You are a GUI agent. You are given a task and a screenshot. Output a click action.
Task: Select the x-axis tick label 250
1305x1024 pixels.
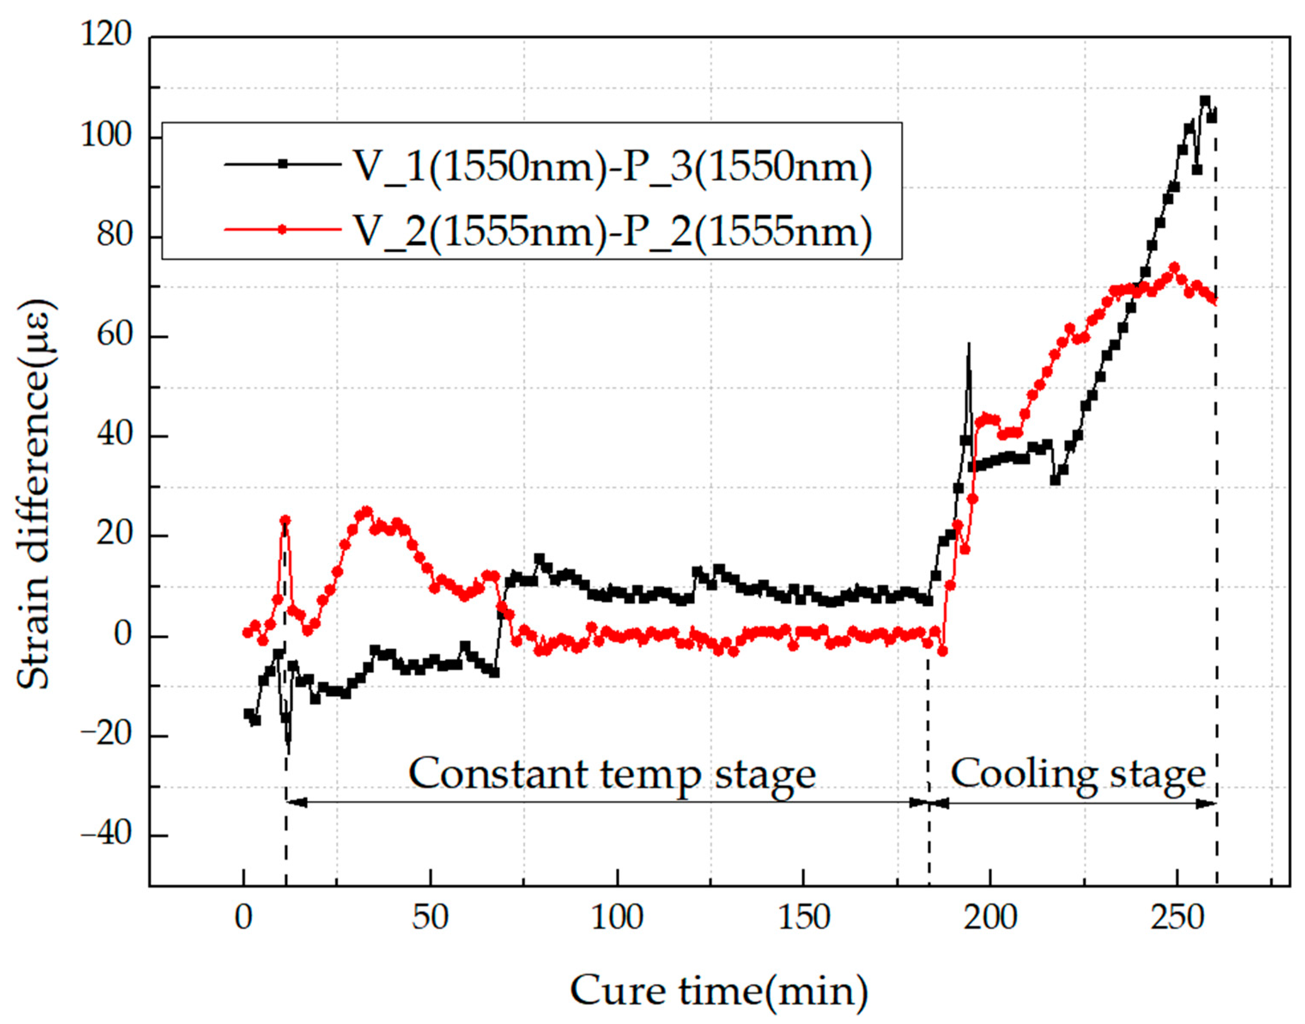point(1177,917)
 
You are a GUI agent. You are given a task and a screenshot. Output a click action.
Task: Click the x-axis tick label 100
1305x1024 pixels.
point(617,917)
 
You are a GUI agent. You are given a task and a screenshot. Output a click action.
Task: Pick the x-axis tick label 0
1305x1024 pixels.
point(243,917)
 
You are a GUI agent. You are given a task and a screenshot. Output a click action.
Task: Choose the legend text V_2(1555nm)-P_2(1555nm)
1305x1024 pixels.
point(611,230)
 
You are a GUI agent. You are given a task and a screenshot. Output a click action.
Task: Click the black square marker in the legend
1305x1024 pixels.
point(282,164)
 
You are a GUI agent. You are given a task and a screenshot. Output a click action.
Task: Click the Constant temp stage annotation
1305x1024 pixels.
point(612,774)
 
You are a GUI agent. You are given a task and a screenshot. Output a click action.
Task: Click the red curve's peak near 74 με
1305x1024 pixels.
point(1174,267)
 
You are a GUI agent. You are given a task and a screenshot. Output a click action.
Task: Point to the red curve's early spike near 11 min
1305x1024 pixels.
point(285,521)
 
